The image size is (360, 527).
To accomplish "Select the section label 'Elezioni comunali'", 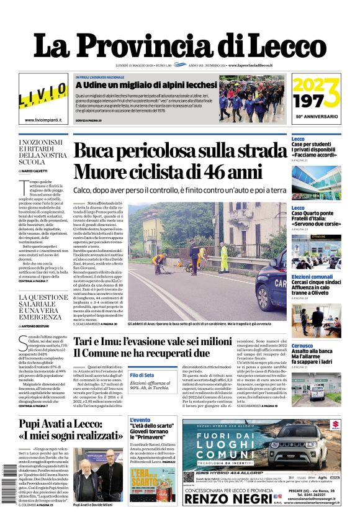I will [x=312, y=276].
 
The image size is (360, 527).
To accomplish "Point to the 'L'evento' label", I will [x=139, y=420].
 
